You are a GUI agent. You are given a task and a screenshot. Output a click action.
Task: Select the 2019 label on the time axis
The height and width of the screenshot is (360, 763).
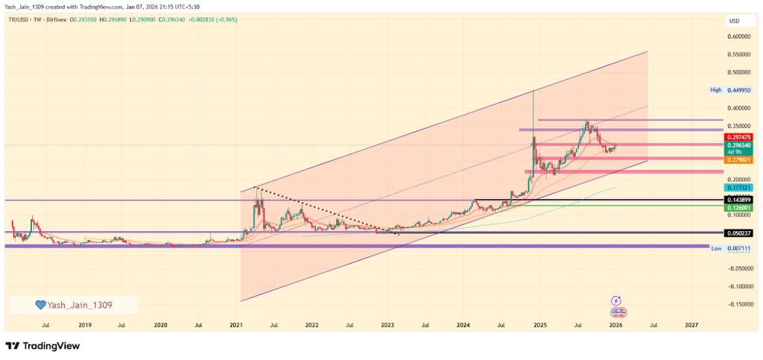(x=84, y=325)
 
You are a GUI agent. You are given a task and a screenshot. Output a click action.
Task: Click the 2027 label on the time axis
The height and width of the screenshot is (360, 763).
(x=691, y=325)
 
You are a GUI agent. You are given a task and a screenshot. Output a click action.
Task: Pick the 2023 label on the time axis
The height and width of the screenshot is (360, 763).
(x=387, y=325)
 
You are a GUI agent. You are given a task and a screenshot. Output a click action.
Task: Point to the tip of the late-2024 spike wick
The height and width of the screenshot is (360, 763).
(x=534, y=90)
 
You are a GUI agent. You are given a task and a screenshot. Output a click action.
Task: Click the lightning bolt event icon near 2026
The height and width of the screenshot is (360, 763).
(x=616, y=300)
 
